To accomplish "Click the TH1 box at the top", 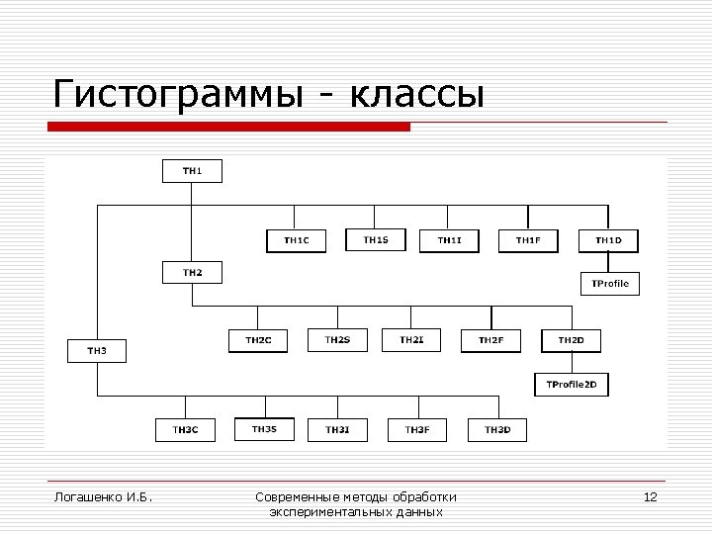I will tap(192, 170).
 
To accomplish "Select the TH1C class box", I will tap(296, 240).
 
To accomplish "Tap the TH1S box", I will tap(375, 239).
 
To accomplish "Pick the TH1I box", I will tap(449, 240).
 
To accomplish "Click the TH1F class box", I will tap(528, 240).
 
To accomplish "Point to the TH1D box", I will tap(608, 240).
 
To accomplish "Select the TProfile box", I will tap(609, 284).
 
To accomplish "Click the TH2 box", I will tap(192, 272).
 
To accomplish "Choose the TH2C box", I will tap(258, 340).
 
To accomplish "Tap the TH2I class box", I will tap(411, 340).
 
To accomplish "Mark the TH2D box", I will tap(571, 340).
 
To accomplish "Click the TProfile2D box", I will tap(572, 384).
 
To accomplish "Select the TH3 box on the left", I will tap(96, 350).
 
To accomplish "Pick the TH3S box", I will tap(264, 429).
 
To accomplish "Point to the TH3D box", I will tap(496, 429).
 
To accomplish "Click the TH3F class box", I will tap(417, 429).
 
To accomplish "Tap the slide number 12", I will tap(650, 496).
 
